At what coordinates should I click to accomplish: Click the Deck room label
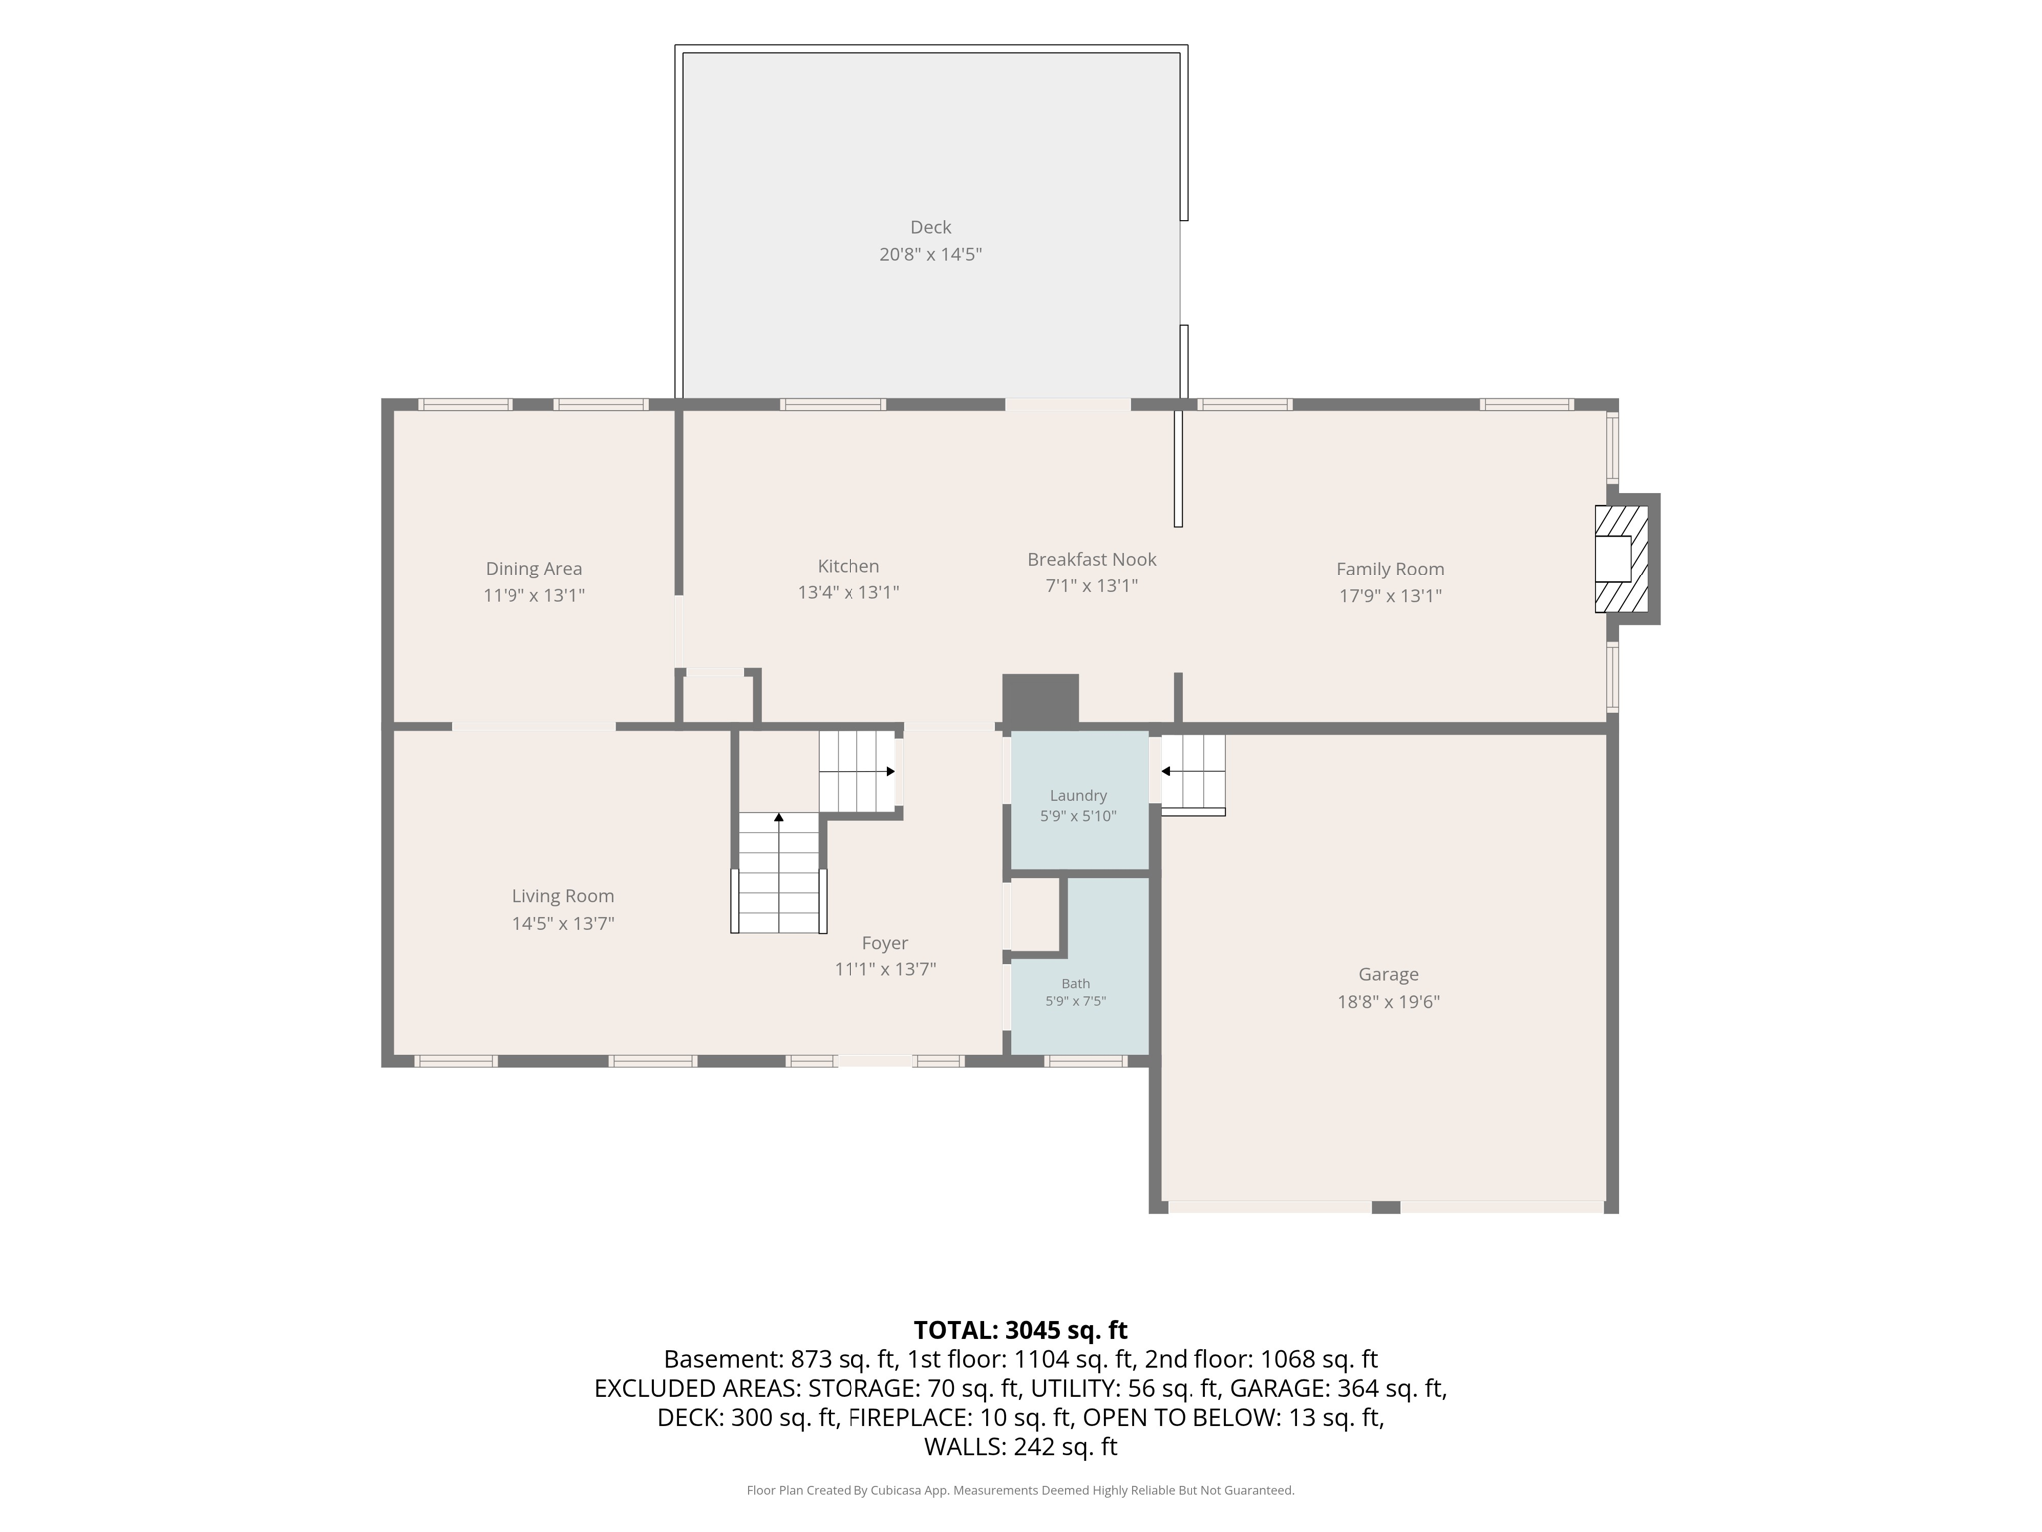point(930,227)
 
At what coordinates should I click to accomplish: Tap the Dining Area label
point(533,569)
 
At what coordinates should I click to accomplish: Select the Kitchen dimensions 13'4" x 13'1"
point(849,592)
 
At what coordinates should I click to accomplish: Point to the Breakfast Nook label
point(1092,559)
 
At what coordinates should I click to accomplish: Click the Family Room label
point(1390,569)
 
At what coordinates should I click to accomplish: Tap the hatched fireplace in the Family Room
point(1621,559)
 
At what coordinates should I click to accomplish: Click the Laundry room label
point(1078,796)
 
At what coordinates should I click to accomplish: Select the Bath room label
point(1075,983)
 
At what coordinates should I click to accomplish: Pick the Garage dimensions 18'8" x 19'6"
point(1388,1002)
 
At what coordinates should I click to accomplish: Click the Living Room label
point(563,896)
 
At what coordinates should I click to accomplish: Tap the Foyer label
point(885,943)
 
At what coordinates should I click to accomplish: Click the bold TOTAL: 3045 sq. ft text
point(1020,1330)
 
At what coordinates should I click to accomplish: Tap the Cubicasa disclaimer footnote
point(1020,1490)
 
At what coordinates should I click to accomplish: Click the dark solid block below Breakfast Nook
point(1040,700)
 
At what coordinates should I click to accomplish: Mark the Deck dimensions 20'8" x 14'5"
point(930,254)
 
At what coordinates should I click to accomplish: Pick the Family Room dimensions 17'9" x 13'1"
point(1390,596)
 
